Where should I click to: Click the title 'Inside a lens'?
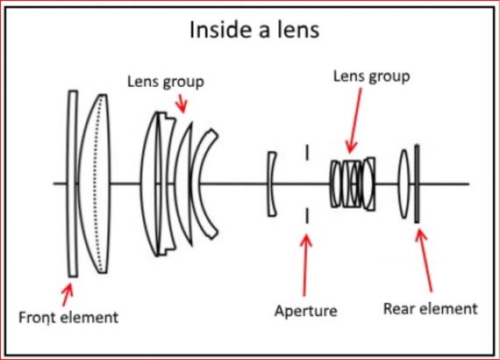[254, 31]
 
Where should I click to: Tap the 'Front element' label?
[68, 315]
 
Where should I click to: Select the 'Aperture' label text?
[305, 311]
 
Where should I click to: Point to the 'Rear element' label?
[430, 308]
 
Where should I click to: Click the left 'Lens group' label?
[167, 82]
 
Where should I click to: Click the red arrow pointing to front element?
[67, 290]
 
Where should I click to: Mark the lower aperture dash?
[307, 215]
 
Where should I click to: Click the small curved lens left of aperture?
[272, 184]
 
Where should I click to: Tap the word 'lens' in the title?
[298, 31]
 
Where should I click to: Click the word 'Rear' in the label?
[400, 308]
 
